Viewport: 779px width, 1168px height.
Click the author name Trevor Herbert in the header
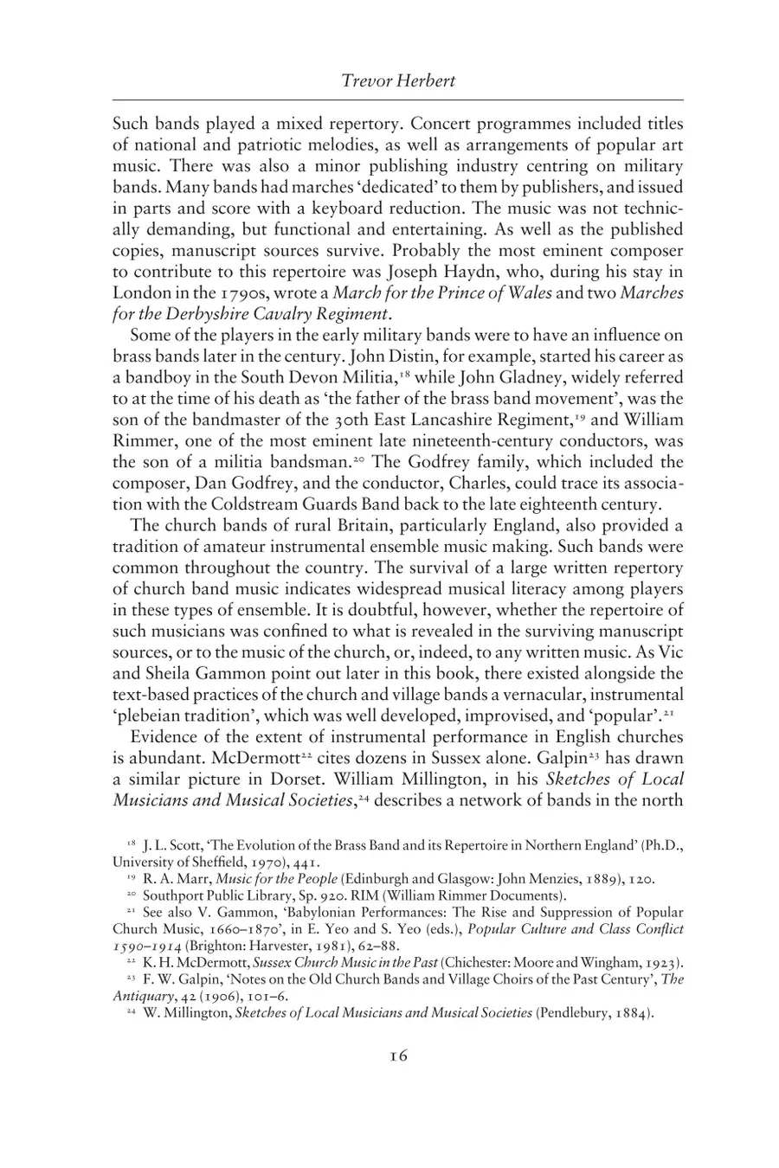pos(398,82)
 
